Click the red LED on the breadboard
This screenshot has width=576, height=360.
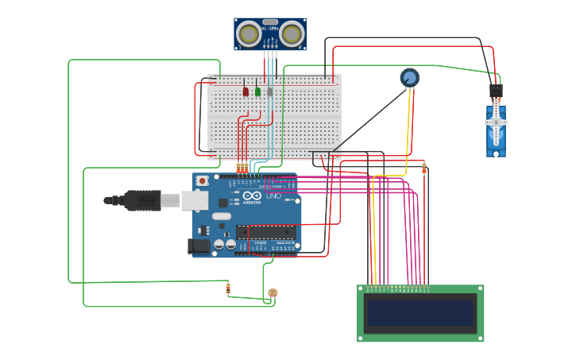click(x=245, y=91)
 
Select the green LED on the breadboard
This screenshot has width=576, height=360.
click(x=257, y=91)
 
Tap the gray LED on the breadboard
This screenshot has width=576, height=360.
click(x=270, y=91)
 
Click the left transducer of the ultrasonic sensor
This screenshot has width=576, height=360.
click(x=249, y=34)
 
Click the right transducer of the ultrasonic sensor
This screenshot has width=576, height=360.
click(x=292, y=34)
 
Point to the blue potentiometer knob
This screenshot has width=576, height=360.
click(x=409, y=78)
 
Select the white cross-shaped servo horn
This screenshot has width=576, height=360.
click(x=496, y=122)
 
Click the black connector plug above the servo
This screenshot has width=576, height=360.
click(x=496, y=91)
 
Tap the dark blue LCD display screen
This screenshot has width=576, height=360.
click(x=420, y=313)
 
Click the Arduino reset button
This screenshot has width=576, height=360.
click(x=203, y=181)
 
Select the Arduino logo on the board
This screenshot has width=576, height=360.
click(x=252, y=196)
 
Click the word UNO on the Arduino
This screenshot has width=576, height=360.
click(x=273, y=195)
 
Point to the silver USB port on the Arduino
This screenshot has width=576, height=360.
click(x=195, y=200)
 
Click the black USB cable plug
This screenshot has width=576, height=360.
click(x=142, y=200)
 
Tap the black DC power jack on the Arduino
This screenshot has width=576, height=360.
click(x=199, y=246)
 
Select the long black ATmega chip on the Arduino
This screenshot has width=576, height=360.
click(x=265, y=232)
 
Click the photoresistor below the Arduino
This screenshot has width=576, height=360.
click(x=273, y=293)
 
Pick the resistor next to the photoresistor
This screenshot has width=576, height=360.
click(x=228, y=288)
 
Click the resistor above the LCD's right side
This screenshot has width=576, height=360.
click(x=423, y=168)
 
